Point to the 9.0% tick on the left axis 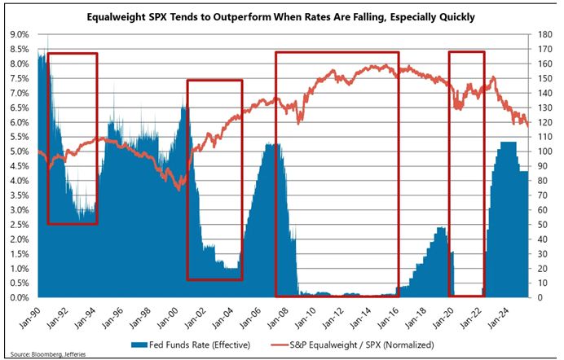pos(20,34)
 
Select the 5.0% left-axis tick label pos(20,151)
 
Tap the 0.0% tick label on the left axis pos(20,298)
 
